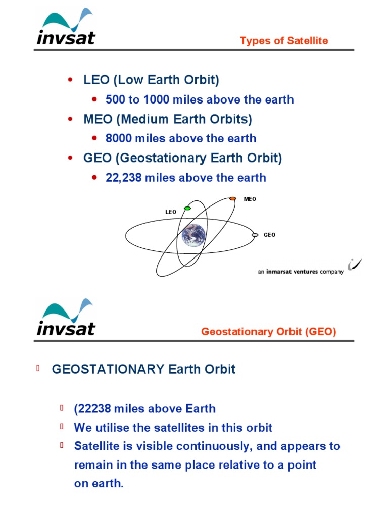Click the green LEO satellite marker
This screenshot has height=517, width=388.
pos(187,208)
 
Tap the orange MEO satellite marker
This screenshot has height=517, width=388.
pos(233,199)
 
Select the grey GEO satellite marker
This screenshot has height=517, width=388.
pos(255,235)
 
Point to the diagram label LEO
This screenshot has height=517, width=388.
pos(171,212)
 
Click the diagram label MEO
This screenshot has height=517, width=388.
pos(250,199)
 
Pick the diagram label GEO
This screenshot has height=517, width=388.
pos(270,235)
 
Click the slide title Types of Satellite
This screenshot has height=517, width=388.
pos(284,41)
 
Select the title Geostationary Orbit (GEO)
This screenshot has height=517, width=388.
pos(268,332)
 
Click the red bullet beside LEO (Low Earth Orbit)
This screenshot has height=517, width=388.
pos(71,80)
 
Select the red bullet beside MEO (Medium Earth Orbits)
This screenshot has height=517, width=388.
pos(71,119)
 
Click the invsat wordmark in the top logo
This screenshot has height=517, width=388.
pos(66,38)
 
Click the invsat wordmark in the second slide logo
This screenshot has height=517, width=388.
pos(66,329)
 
